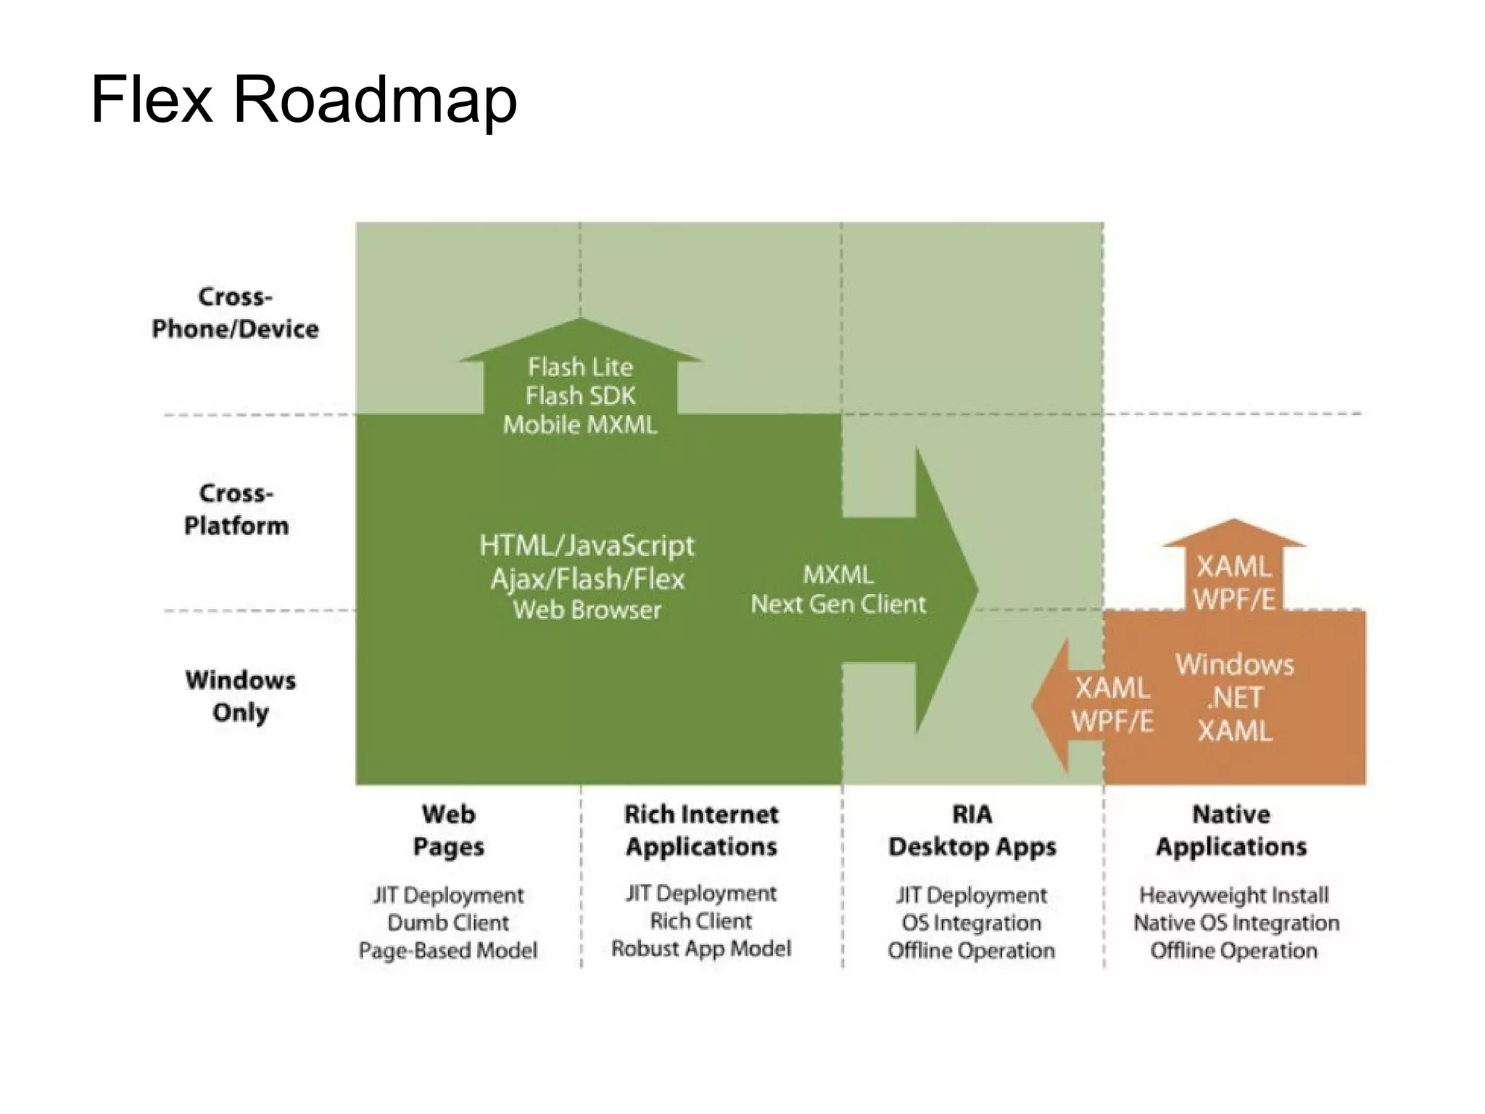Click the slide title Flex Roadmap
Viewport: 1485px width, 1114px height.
304,99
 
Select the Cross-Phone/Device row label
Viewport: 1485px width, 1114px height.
235,313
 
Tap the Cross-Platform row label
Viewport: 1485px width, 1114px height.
236,509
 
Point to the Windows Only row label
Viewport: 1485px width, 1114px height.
240,696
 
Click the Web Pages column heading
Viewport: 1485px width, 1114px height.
448,830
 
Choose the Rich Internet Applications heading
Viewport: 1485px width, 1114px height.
701,830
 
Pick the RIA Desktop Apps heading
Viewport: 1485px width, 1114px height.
972,830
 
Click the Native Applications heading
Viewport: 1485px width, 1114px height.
1231,830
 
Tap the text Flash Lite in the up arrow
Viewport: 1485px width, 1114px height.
580,367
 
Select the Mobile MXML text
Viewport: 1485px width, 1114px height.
580,424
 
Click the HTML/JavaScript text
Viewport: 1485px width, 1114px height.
587,545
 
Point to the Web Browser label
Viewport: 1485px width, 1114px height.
587,610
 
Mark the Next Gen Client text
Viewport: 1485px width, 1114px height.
838,604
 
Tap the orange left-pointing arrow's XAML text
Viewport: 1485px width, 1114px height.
1112,688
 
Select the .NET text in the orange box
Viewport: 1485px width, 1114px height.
1234,698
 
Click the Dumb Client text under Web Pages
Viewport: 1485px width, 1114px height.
448,923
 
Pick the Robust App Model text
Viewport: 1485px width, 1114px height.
701,949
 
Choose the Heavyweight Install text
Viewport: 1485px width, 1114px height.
1233,895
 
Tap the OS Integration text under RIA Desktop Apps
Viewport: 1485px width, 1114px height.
972,923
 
